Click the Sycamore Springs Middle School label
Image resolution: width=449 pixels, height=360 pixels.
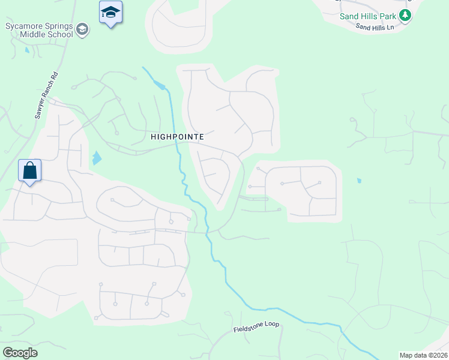[39, 30]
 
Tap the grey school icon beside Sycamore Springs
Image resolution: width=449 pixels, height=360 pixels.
[83, 29]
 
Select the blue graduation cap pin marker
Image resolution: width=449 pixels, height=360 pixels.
[110, 13]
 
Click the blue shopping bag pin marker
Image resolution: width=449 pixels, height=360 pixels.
[29, 171]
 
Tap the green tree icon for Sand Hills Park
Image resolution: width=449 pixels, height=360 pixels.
[406, 16]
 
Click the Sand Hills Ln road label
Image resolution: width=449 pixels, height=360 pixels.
[375, 27]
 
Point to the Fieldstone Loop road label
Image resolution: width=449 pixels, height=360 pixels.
[256, 327]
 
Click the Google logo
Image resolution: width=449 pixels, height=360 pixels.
[20, 353]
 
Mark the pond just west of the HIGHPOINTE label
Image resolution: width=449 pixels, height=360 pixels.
[97, 159]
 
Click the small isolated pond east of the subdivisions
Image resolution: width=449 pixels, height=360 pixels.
[359, 180]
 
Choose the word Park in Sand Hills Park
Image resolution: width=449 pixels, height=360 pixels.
[387, 16]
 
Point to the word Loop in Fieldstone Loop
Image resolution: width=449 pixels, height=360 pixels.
[271, 325]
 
